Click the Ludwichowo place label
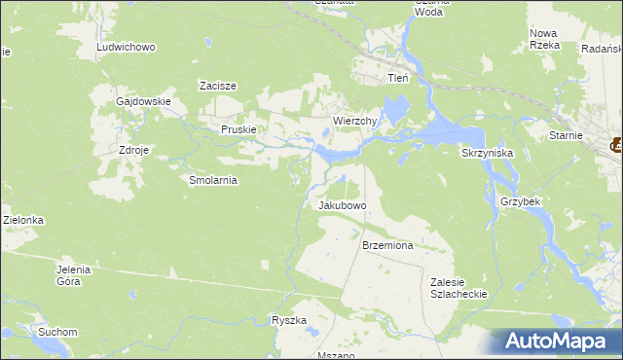(x=127, y=47)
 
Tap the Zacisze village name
(x=218, y=86)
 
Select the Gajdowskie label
(x=143, y=101)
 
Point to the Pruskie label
(x=238, y=129)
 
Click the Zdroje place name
(x=133, y=151)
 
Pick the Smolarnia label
(x=213, y=180)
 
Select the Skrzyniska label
(x=487, y=154)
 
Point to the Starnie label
(x=565, y=137)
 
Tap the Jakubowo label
(x=342, y=206)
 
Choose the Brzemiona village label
(x=387, y=246)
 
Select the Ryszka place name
(x=289, y=320)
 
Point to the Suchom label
(x=57, y=332)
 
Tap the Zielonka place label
(x=23, y=221)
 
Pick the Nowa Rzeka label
(x=543, y=39)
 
